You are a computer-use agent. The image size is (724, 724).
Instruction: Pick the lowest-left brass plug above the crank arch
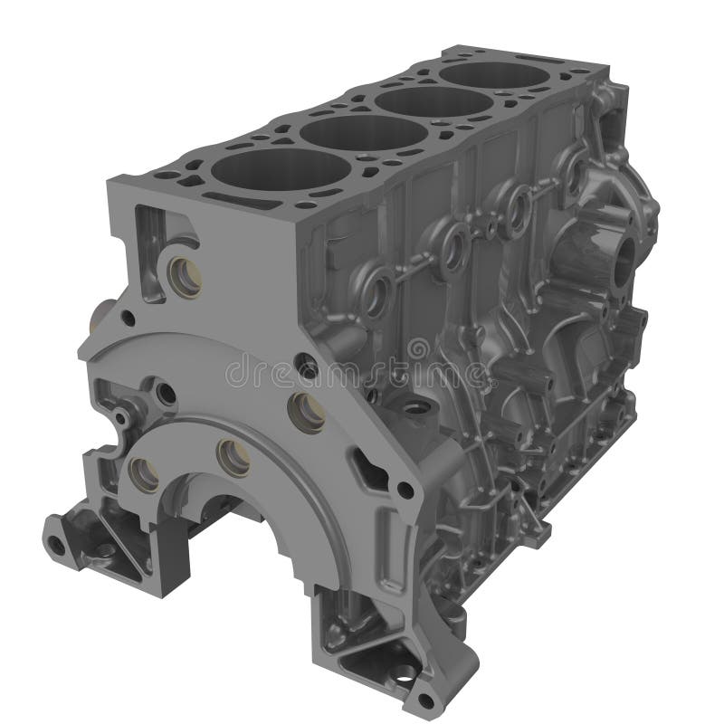[143, 469]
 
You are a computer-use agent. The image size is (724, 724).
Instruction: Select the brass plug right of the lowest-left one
[233, 458]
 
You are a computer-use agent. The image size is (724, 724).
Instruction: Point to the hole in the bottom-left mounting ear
[58, 544]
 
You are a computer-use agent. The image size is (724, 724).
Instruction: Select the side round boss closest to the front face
[375, 291]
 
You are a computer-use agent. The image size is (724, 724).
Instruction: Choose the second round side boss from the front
[452, 243]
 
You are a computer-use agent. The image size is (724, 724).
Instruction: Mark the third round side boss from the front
[518, 208]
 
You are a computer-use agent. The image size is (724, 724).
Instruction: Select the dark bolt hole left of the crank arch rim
[166, 394]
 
